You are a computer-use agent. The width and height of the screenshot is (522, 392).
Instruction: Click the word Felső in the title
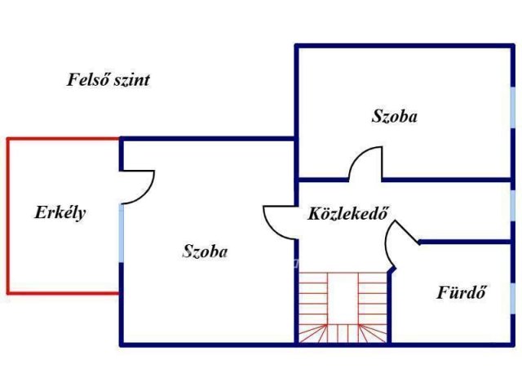click(x=90, y=80)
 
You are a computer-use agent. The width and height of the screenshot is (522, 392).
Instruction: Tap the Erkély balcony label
click(x=60, y=213)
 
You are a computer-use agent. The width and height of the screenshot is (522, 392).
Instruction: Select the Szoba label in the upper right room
click(x=394, y=117)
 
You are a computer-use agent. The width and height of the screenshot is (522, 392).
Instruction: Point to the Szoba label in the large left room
click(x=205, y=252)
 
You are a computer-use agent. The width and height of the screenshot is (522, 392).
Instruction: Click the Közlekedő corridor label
click(x=348, y=215)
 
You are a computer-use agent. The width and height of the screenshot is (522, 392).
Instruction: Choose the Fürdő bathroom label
click(x=462, y=292)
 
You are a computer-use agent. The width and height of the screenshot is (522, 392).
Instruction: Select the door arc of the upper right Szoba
click(x=365, y=159)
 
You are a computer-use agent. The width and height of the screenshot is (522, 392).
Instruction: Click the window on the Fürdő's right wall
click(x=513, y=294)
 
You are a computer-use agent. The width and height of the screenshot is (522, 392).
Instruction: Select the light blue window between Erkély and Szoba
click(x=121, y=234)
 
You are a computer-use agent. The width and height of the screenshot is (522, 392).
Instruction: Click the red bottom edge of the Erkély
click(x=64, y=292)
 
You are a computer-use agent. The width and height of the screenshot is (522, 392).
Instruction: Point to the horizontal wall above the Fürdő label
click(x=465, y=243)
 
